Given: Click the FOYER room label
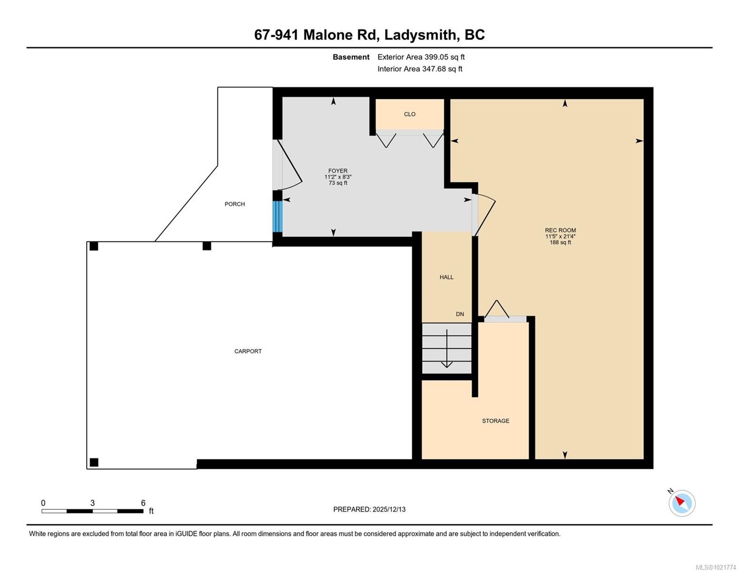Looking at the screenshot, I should click(x=338, y=171).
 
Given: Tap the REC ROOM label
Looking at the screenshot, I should click(x=560, y=230).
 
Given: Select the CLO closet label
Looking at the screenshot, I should click(x=410, y=114).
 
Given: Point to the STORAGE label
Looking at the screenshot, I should click(x=495, y=421).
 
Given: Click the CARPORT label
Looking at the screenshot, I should click(x=248, y=351).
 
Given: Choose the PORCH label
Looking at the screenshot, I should click(x=235, y=204).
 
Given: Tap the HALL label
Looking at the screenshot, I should click(x=446, y=277).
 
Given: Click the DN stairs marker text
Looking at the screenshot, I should click(x=460, y=314).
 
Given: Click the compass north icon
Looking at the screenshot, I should click(x=682, y=503).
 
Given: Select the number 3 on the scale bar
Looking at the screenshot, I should click(x=92, y=503).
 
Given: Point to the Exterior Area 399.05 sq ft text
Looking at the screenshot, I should click(x=421, y=57).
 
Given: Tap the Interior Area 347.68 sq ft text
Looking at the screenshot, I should click(x=420, y=69).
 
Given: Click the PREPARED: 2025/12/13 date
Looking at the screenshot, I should click(x=369, y=509).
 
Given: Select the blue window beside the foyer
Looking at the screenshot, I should click(x=277, y=217).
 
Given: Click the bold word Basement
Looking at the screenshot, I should click(x=351, y=57).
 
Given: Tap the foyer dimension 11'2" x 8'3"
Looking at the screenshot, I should click(x=338, y=177).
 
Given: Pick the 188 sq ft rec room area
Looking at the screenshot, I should click(x=560, y=243).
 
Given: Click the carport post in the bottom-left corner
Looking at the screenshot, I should click(x=94, y=462).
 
